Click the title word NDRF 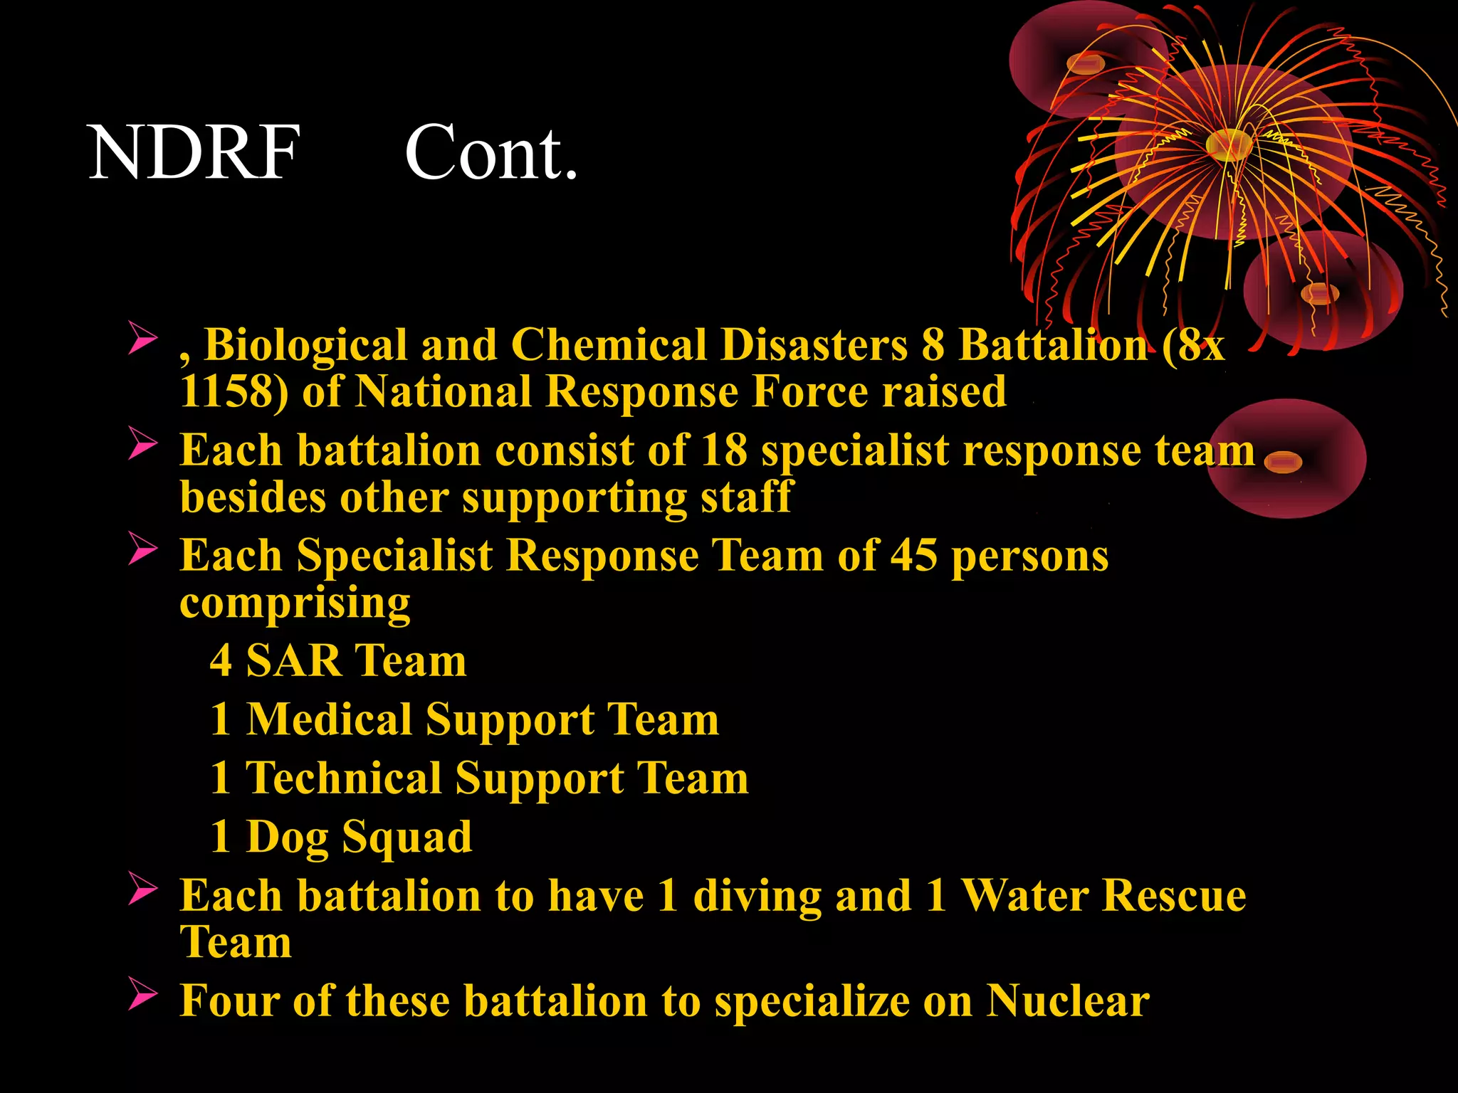194,152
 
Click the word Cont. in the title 491,152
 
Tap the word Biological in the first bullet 306,346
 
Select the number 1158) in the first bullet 234,392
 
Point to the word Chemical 609,346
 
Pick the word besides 253,497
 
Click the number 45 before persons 914,556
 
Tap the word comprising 295,603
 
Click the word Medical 329,719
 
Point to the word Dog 287,838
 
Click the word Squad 407,838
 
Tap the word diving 757,896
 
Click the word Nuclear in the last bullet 1068,1001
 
